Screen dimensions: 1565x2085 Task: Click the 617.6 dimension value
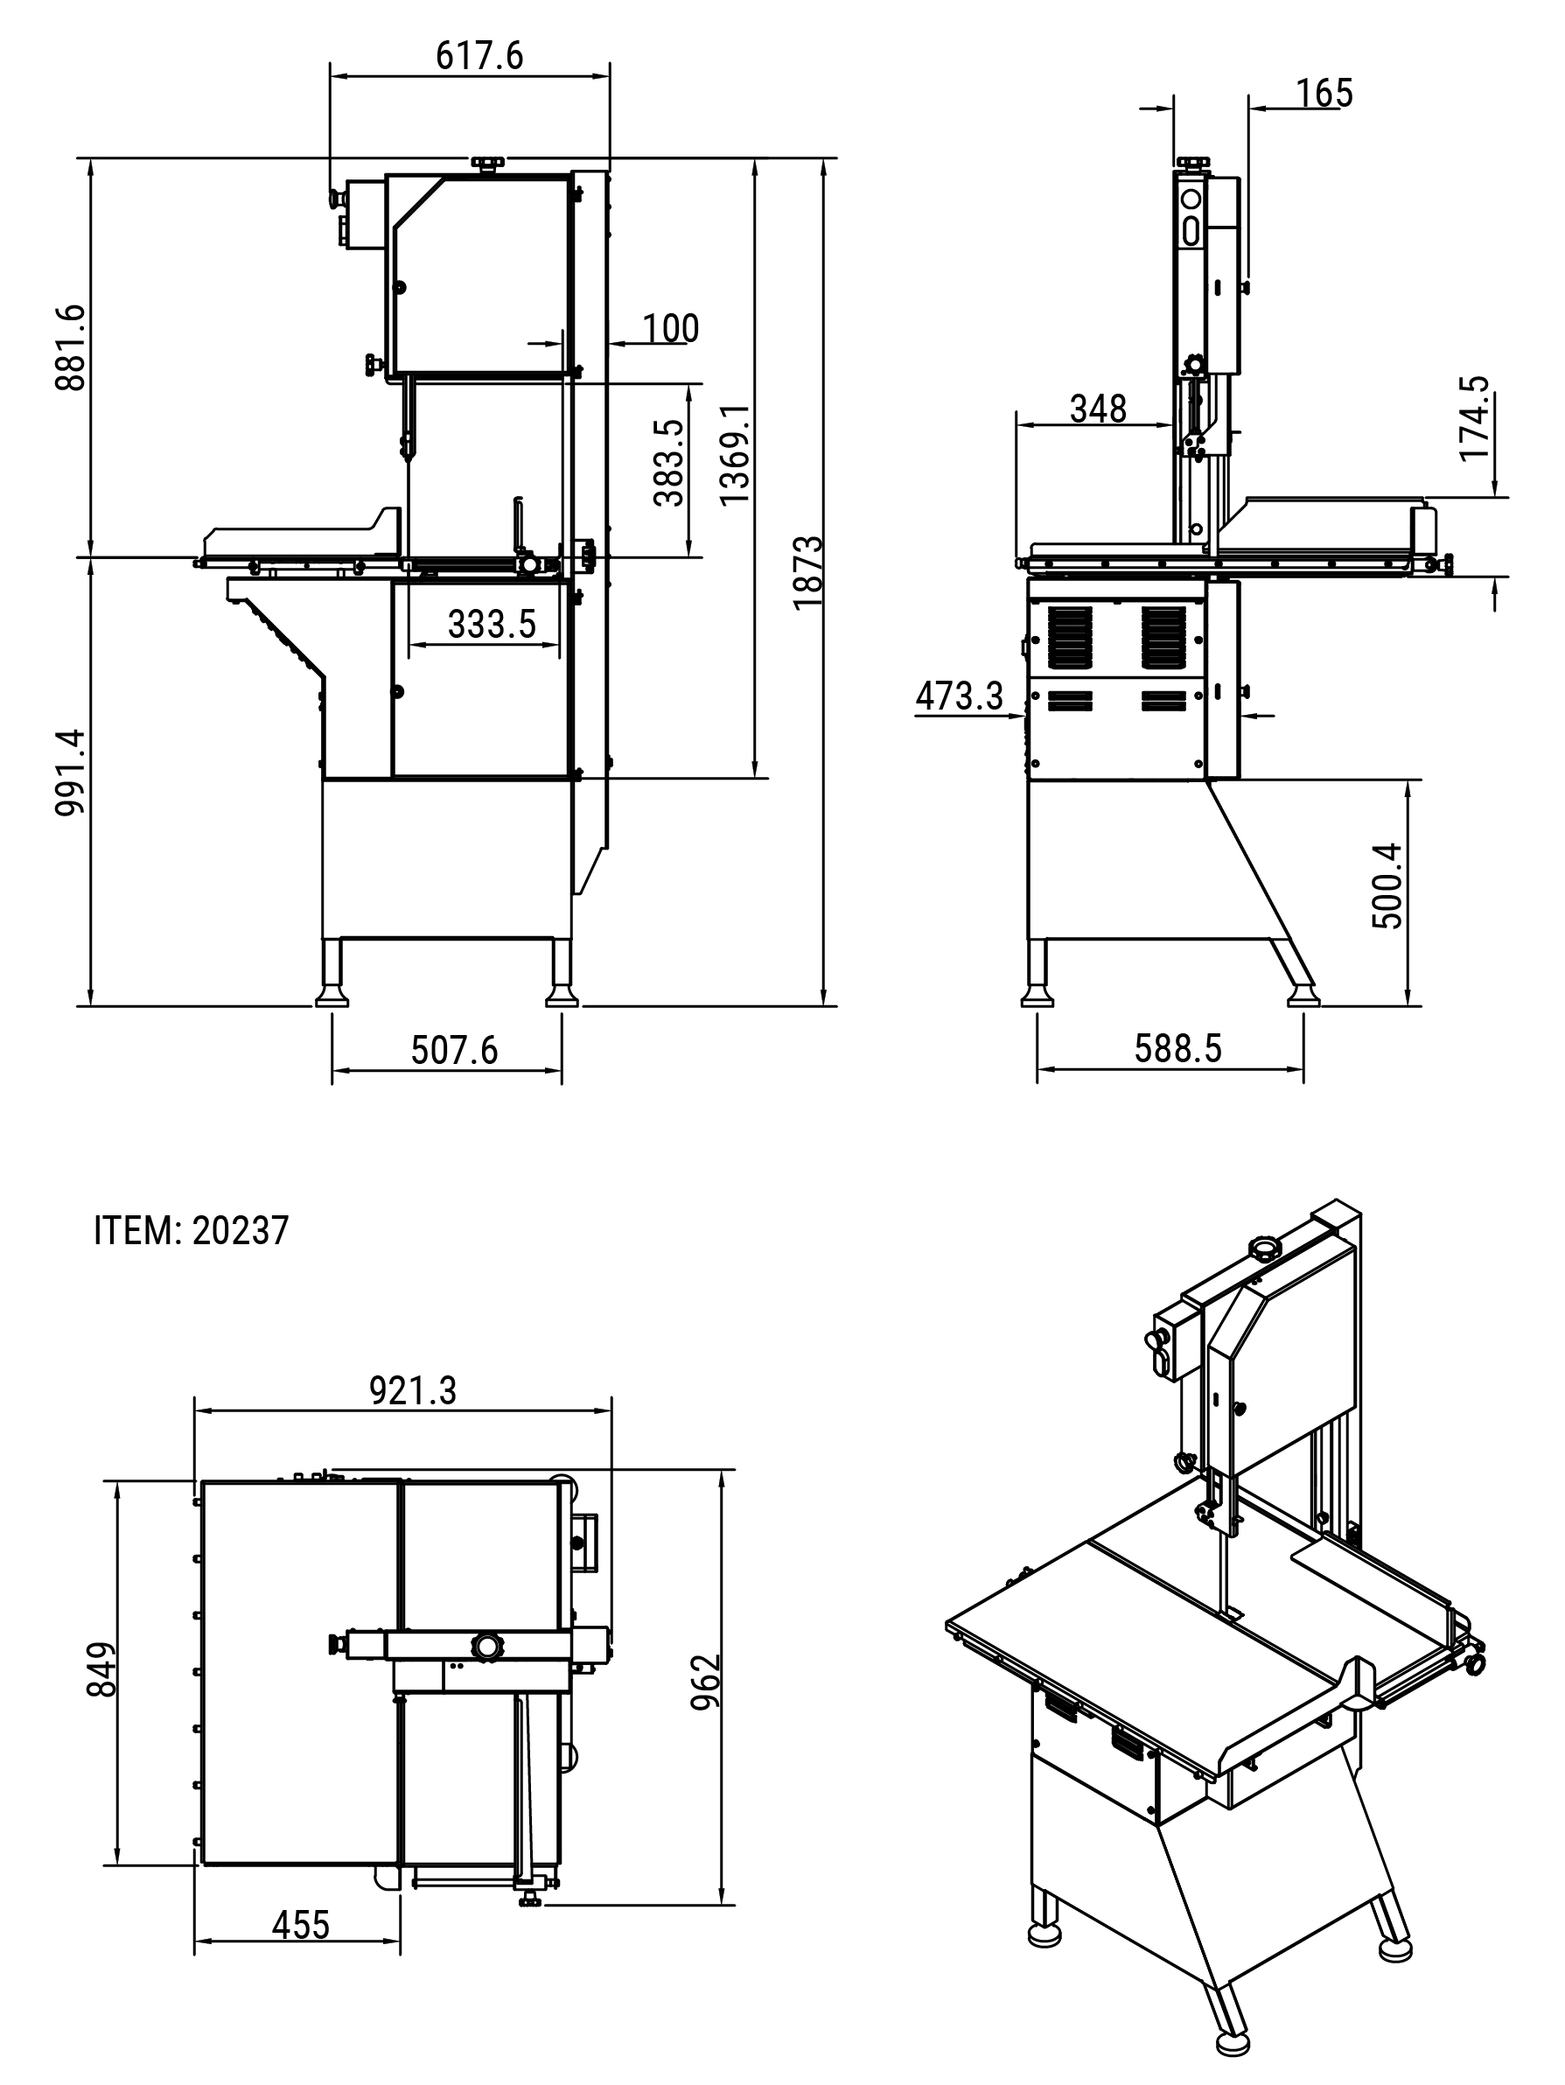(x=479, y=57)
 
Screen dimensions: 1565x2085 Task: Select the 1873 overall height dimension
(x=807, y=572)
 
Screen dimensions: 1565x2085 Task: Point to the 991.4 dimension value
(x=71, y=772)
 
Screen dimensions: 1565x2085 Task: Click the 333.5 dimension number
(x=491, y=624)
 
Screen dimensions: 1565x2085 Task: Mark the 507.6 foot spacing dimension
(x=454, y=1050)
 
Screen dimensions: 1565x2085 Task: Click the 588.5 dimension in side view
(x=1177, y=1048)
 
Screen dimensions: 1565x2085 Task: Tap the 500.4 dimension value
(x=1387, y=886)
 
